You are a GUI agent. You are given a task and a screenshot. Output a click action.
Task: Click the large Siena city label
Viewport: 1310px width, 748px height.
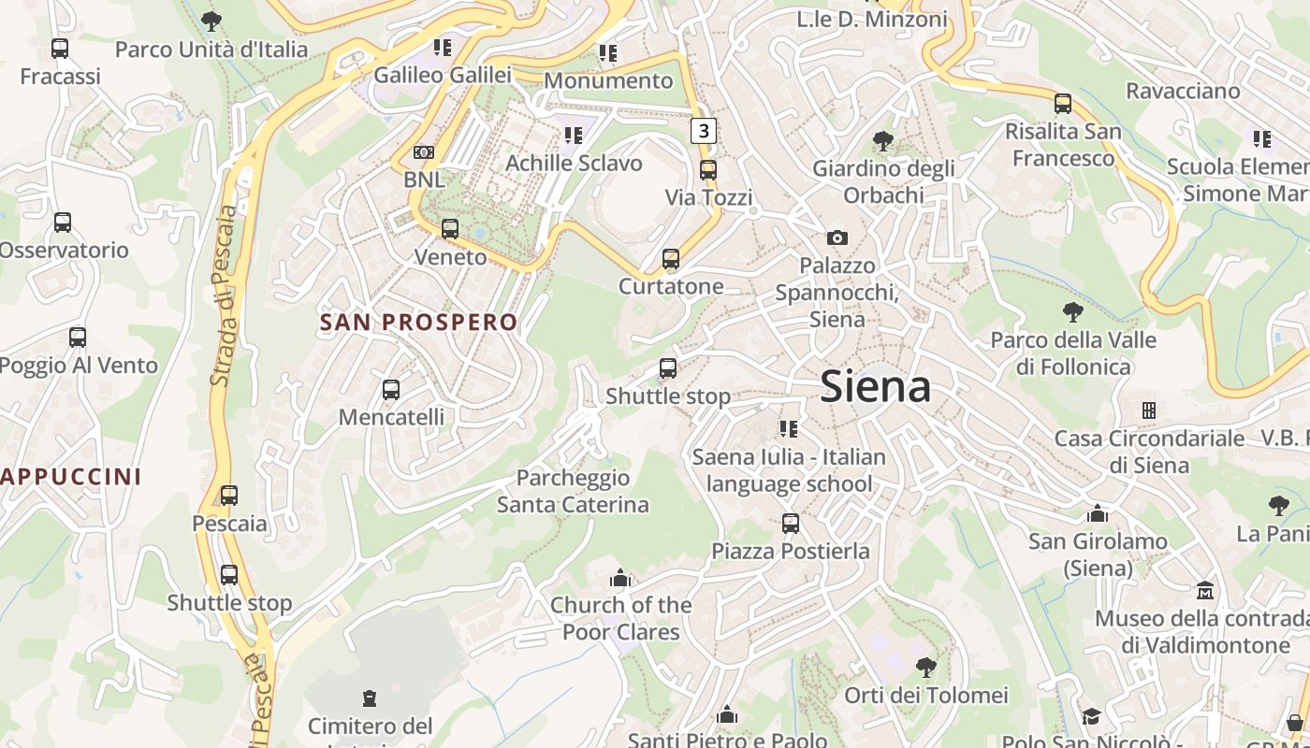coord(875,387)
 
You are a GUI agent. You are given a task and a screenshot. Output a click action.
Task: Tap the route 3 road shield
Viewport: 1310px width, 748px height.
coord(704,130)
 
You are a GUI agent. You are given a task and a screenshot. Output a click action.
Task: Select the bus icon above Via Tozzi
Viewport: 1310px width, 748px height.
coord(708,170)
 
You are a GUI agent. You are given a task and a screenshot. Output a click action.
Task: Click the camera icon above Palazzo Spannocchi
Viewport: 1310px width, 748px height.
coord(837,238)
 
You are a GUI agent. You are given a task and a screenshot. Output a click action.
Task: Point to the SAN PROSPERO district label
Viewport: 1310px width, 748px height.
coord(418,323)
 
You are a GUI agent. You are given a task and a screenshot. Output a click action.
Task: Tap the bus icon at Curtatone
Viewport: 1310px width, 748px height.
coord(671,259)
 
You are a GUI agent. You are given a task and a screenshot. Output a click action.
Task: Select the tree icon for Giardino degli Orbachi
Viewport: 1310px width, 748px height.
coord(882,142)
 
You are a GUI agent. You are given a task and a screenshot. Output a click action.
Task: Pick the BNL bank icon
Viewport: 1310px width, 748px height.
coord(424,152)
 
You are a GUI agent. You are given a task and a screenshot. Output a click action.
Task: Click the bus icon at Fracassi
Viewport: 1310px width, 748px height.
coord(60,49)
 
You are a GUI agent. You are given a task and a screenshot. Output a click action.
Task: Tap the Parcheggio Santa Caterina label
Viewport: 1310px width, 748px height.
coord(573,491)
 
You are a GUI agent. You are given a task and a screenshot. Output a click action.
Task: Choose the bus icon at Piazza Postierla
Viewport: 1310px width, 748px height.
coord(791,524)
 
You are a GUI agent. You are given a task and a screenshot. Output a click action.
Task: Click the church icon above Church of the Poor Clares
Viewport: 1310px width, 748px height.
coord(620,578)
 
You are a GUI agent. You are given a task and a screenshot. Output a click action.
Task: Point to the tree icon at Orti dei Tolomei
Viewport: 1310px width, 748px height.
coord(926,668)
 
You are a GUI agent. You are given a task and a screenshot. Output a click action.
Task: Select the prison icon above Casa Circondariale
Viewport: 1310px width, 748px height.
coord(1149,410)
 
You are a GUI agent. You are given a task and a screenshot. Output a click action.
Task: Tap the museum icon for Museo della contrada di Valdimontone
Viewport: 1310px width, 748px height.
coord(1205,591)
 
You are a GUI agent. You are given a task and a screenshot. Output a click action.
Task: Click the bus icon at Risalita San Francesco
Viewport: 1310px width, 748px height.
coord(1063,104)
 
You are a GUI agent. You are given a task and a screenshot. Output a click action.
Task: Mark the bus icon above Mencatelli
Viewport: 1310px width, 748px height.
coord(391,390)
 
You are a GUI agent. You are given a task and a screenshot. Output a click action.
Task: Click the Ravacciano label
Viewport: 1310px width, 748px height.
coord(1183,91)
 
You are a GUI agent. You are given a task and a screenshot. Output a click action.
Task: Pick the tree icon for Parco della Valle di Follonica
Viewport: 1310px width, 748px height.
coord(1073,312)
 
